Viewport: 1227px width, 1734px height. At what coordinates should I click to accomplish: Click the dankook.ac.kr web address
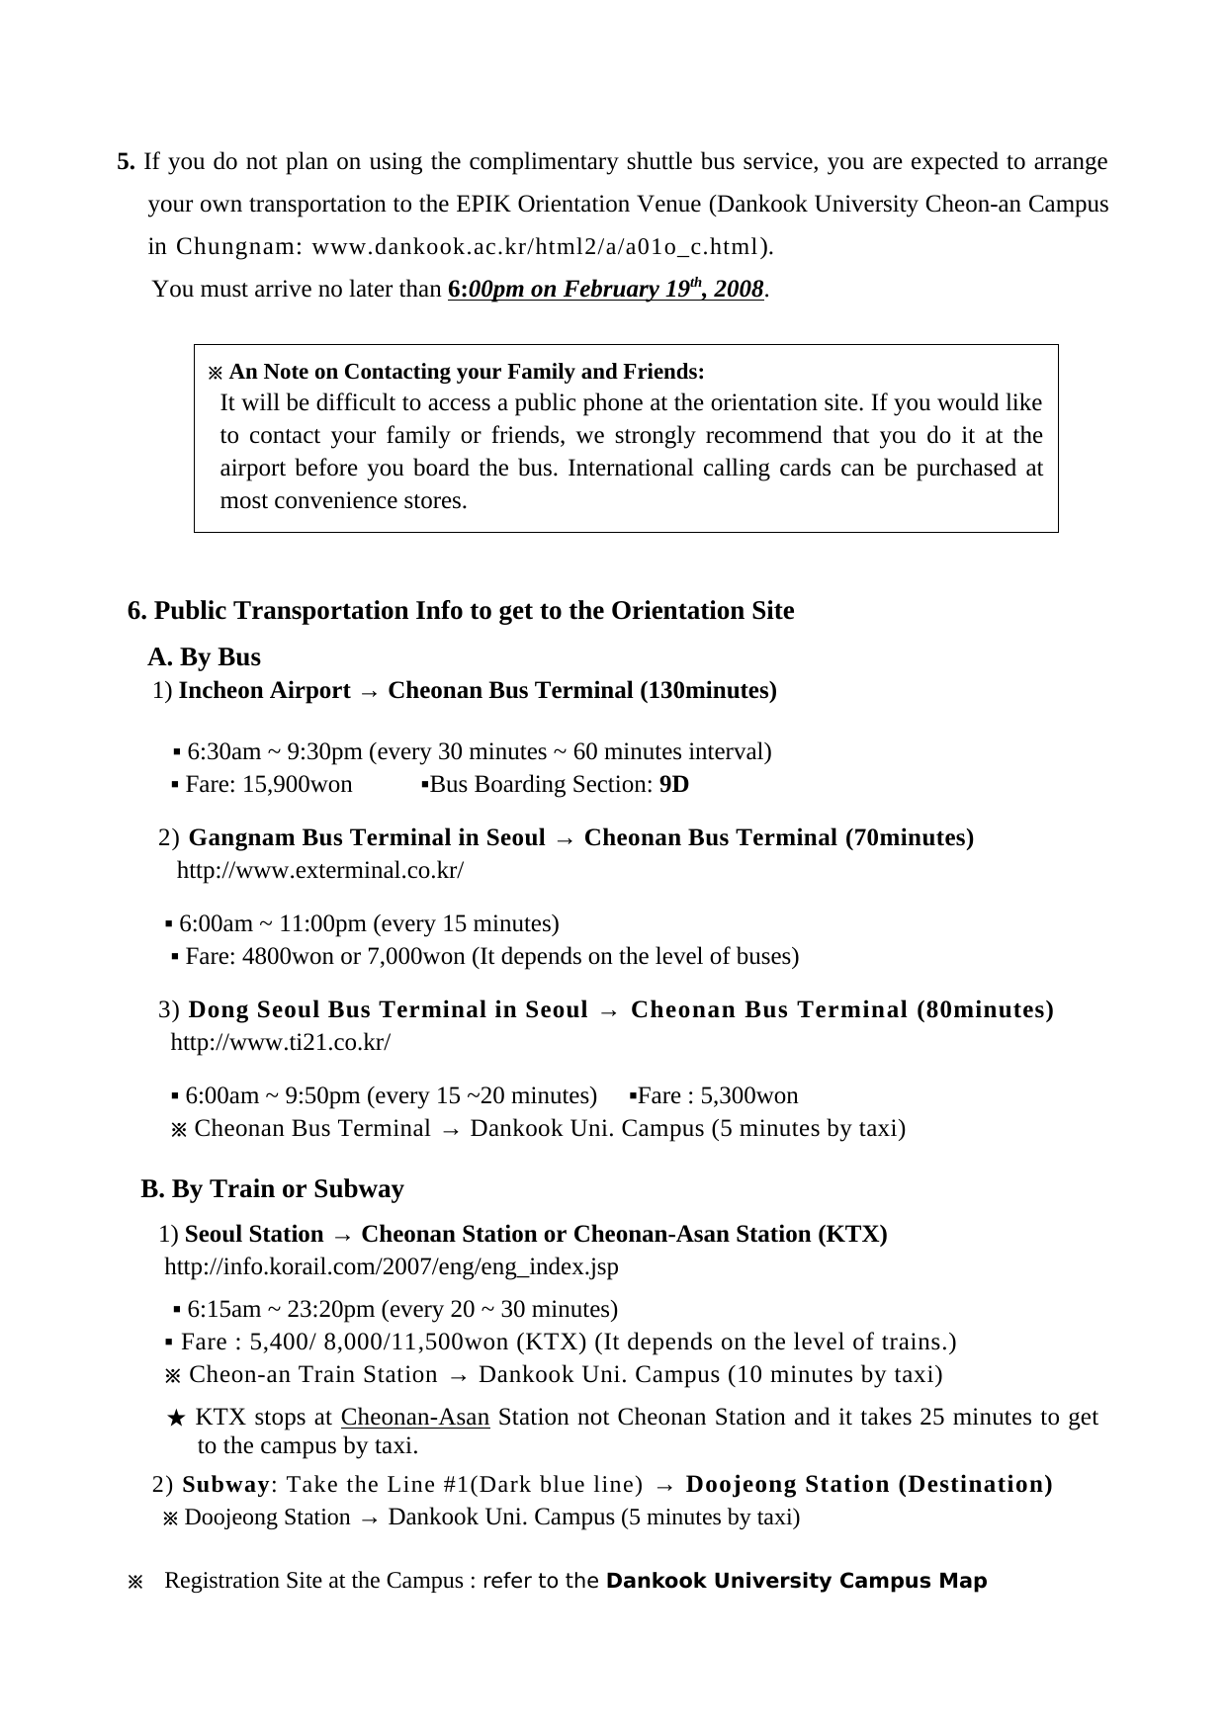(x=538, y=246)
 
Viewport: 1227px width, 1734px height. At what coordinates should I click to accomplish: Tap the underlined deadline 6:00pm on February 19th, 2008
(x=605, y=290)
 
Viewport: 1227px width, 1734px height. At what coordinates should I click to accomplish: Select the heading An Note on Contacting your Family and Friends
(x=466, y=372)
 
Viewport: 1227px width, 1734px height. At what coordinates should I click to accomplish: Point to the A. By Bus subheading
(x=204, y=657)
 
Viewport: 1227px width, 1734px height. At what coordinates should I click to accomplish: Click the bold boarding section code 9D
(x=673, y=785)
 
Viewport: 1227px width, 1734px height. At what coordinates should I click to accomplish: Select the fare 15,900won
(x=297, y=785)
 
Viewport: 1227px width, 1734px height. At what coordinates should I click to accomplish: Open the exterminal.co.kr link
(x=319, y=871)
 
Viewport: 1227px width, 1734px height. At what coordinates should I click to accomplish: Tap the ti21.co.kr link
(x=281, y=1043)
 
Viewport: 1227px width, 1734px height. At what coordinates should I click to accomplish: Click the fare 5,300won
(x=748, y=1096)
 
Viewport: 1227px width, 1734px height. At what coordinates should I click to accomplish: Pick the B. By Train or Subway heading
(x=272, y=1189)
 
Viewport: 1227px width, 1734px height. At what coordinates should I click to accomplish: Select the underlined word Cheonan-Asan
(x=414, y=1418)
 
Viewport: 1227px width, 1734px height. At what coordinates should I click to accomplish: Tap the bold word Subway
(x=225, y=1485)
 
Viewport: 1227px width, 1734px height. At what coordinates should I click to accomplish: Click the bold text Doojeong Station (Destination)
(x=868, y=1485)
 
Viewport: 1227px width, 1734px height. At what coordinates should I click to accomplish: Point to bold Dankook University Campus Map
(x=796, y=1581)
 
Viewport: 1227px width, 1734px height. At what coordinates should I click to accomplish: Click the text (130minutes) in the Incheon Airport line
(x=708, y=691)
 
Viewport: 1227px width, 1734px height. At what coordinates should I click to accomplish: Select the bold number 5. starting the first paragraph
(x=127, y=162)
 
